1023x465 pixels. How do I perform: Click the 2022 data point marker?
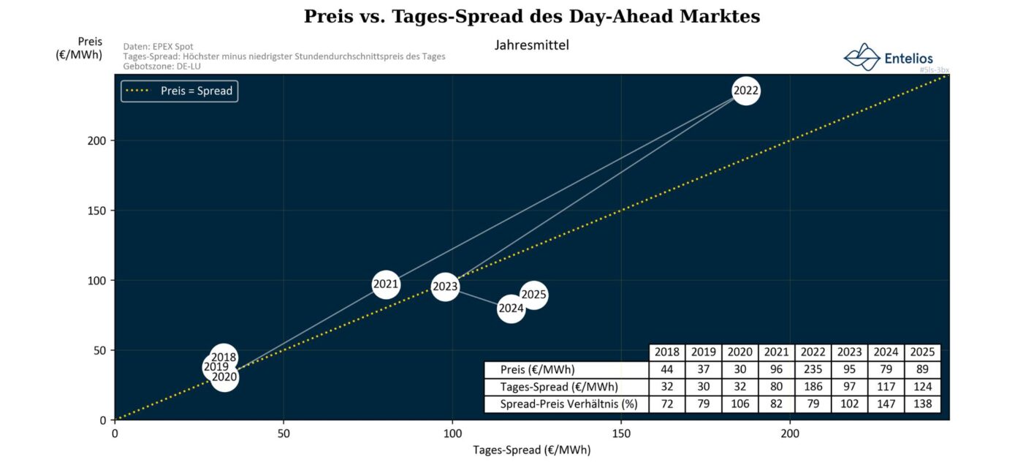click(745, 91)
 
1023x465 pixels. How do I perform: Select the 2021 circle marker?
click(386, 284)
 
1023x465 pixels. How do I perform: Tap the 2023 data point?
click(444, 287)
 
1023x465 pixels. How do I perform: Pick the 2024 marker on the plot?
click(511, 309)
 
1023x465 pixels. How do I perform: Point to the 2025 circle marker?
click(534, 295)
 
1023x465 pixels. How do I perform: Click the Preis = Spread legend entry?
click(180, 91)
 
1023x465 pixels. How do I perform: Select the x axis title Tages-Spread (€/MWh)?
click(531, 450)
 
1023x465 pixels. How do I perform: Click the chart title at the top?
click(532, 17)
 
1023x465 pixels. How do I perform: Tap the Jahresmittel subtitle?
click(531, 45)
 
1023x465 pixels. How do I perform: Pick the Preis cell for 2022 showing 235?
click(813, 369)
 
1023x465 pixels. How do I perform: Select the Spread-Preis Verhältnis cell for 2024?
click(886, 404)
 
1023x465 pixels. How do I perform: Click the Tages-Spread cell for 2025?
click(922, 387)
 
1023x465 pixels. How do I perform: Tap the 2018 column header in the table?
click(666, 352)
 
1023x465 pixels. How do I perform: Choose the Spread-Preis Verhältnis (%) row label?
click(565, 404)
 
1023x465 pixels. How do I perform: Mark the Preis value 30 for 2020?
click(739, 369)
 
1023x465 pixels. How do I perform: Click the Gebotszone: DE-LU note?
click(162, 66)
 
